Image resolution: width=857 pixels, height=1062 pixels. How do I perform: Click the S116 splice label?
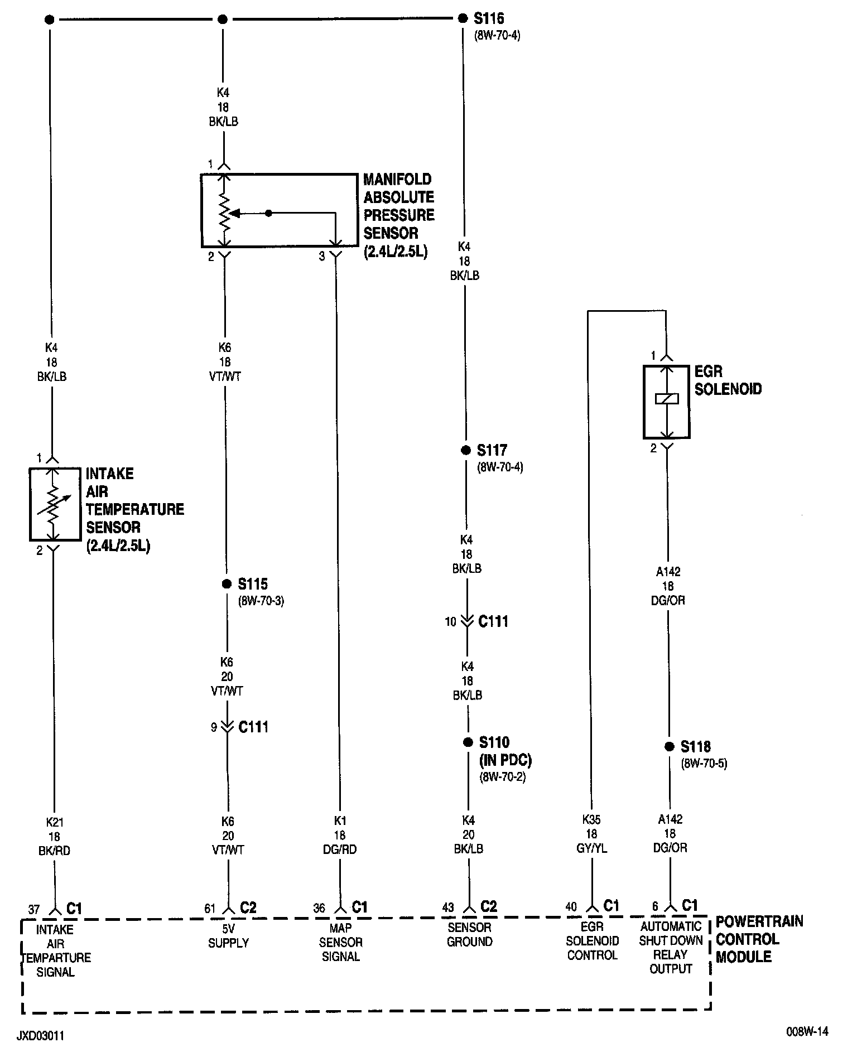click(x=489, y=19)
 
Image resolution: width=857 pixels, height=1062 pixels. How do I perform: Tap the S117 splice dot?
click(x=466, y=451)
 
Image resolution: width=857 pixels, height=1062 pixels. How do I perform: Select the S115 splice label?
click(x=252, y=584)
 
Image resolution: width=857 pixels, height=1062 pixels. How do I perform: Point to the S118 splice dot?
click(x=669, y=747)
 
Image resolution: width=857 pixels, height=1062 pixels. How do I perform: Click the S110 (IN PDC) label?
click(x=504, y=751)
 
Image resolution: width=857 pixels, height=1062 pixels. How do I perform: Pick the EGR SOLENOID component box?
click(x=667, y=402)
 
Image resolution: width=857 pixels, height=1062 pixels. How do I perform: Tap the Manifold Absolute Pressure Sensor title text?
click(x=398, y=215)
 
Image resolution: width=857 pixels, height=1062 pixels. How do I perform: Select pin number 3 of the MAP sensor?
click(x=321, y=257)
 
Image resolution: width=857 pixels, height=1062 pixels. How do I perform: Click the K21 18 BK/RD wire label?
click(x=55, y=837)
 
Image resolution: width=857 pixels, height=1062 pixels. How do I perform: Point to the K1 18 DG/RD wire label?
click(x=340, y=835)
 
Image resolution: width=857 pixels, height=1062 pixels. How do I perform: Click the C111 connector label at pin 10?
click(x=493, y=621)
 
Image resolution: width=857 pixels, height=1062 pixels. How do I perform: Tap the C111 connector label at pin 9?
click(x=253, y=727)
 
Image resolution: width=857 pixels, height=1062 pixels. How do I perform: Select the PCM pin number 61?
click(x=210, y=909)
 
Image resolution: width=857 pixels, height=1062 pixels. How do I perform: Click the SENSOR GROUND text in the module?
click(x=469, y=934)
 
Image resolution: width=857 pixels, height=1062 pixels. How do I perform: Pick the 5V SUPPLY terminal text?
click(x=228, y=935)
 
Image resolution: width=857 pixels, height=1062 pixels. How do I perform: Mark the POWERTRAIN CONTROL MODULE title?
click(x=759, y=939)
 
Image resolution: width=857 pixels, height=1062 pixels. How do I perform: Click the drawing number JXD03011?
click(x=40, y=1036)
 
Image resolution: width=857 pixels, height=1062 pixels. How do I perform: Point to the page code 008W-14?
click(x=807, y=1032)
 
